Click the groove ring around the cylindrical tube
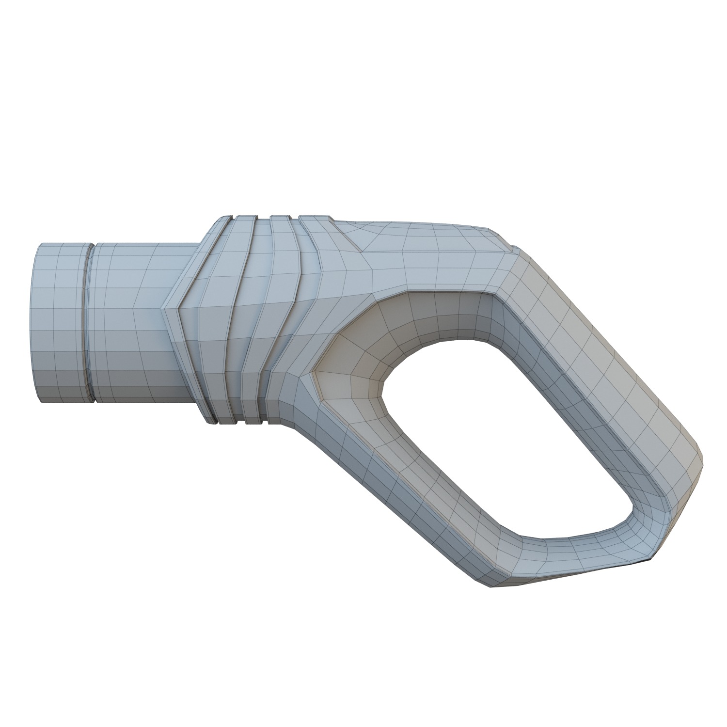tap(89, 322)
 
